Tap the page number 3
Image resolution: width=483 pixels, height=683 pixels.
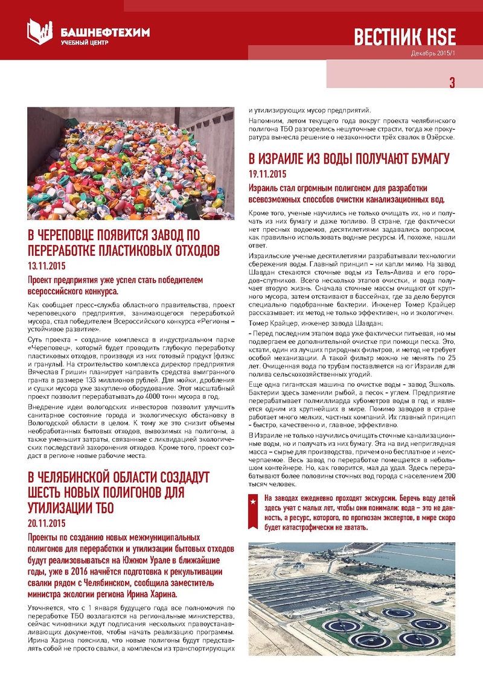pyautogui.click(x=452, y=83)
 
